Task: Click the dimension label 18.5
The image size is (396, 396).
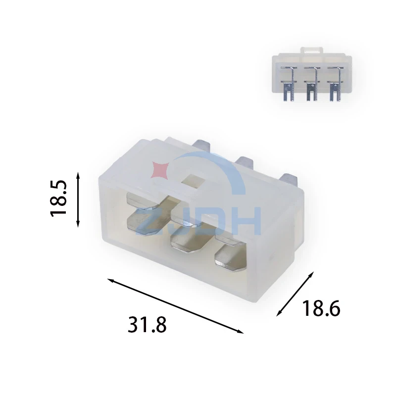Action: pos(58,198)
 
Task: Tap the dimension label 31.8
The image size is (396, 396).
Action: pos(147,325)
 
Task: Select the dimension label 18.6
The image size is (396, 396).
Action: pos(321,308)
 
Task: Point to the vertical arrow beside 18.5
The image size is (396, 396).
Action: pos(78,199)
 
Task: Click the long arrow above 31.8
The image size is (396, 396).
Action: pos(176,306)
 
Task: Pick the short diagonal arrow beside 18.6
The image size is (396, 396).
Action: pos(295,294)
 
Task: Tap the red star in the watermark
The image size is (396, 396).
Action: pos(159,170)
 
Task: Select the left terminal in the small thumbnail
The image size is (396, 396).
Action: pos(289,84)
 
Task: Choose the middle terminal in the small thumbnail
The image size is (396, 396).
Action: pos(312,84)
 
